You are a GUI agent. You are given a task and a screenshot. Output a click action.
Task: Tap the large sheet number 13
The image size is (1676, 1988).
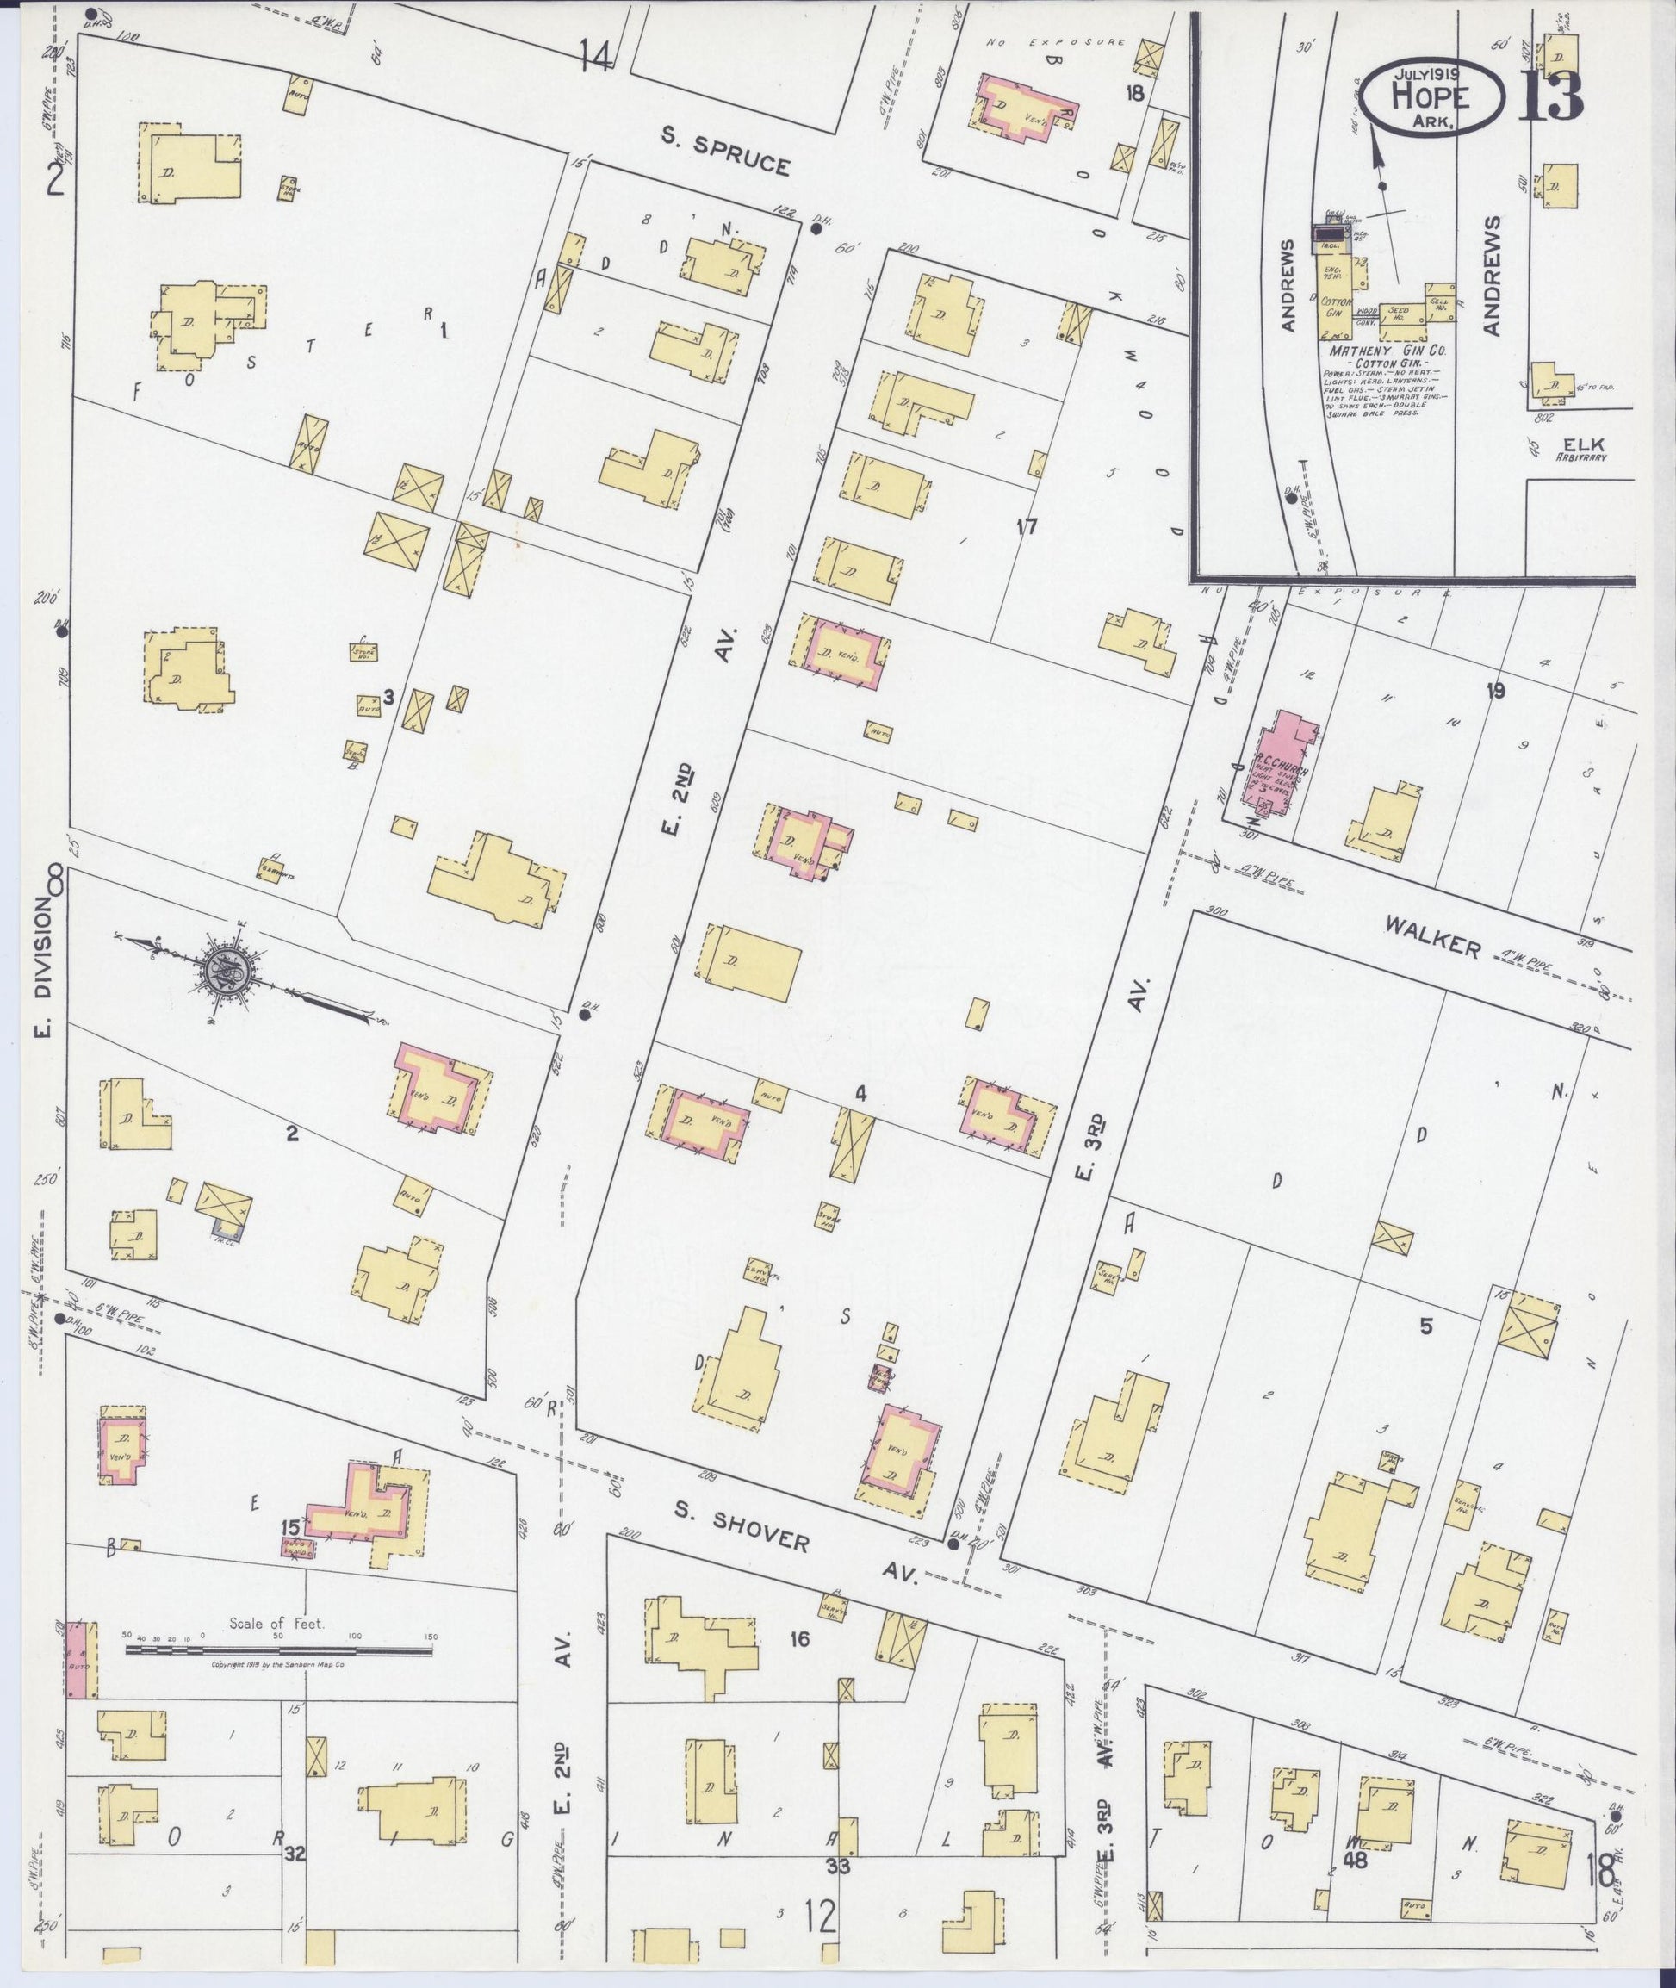pyautogui.click(x=1549, y=96)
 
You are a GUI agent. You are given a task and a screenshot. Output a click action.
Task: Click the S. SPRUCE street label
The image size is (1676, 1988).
pyautogui.click(x=726, y=152)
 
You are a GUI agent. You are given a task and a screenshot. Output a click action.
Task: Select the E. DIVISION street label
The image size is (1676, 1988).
pyautogui.click(x=44, y=966)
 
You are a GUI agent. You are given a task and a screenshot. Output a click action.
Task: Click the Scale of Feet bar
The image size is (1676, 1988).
pyautogui.click(x=278, y=1650)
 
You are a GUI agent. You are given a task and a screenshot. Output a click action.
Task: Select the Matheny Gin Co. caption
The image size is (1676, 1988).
pyautogui.click(x=1387, y=351)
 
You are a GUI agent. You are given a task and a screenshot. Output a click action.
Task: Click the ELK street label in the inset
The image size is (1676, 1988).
pyautogui.click(x=1580, y=443)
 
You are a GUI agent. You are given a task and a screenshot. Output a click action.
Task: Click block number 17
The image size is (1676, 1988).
pyautogui.click(x=1026, y=526)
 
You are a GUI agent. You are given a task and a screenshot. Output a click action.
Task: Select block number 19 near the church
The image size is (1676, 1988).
pyautogui.click(x=1495, y=691)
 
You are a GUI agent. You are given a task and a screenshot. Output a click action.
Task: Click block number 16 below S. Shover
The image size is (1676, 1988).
pyautogui.click(x=799, y=1639)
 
